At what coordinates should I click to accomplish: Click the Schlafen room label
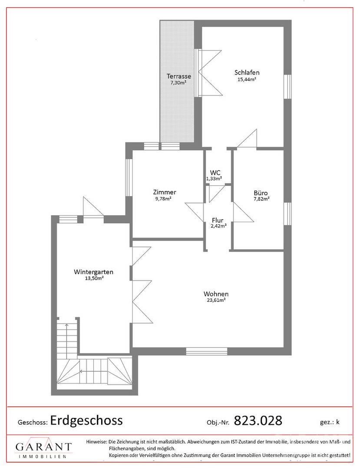coord(247,73)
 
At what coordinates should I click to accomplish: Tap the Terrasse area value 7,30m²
coord(178,83)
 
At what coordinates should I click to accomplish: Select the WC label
coord(215,172)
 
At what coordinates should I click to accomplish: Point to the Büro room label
coord(261,193)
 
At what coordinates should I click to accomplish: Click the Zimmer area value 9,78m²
coord(163,198)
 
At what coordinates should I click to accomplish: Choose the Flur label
coord(218,221)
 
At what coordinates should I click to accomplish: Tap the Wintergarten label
coord(94,272)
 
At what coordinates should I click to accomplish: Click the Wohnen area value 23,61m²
coord(216,300)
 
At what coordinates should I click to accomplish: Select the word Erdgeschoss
coord(86,420)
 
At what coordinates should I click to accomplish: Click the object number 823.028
coord(258,420)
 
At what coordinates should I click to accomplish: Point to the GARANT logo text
coord(44,447)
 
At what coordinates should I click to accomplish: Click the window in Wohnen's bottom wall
coord(207,351)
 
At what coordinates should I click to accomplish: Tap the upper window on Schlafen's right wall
coord(287,86)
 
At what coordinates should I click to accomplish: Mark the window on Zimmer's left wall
coord(129,177)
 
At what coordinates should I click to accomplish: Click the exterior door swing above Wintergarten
coord(93,206)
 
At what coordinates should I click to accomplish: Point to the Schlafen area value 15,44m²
coord(247,79)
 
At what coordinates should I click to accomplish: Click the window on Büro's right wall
coord(287,214)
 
